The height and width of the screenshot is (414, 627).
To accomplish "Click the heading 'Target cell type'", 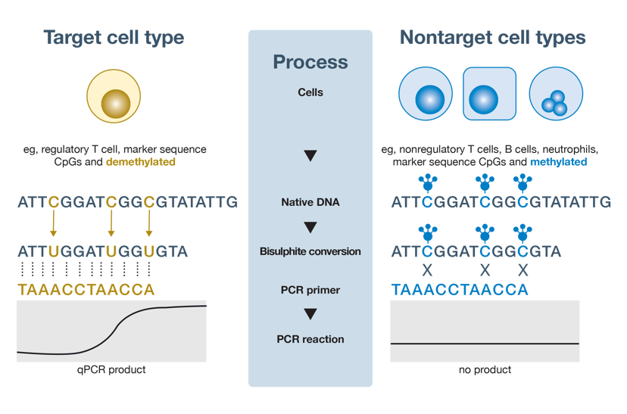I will tap(114, 37).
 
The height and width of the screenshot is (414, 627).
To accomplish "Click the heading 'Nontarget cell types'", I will tap(492, 37).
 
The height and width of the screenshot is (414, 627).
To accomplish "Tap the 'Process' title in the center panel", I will tap(310, 62).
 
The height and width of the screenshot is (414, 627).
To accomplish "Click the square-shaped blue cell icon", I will tap(489, 94).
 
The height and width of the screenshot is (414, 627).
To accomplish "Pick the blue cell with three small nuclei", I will tap(556, 95).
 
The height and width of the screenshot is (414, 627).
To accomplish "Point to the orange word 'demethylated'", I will tap(141, 162).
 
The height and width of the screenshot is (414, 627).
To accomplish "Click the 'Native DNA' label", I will tap(310, 203).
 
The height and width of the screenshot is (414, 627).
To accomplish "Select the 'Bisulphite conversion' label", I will tap(310, 251).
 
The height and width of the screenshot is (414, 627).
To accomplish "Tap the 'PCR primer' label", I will tap(310, 290).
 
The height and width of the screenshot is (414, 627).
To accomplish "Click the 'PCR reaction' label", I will tap(310, 339).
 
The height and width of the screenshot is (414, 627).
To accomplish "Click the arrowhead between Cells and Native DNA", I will tap(310, 157).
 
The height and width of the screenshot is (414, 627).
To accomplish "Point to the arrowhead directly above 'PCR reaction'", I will tap(310, 314).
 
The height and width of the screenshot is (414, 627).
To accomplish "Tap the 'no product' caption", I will tap(485, 370).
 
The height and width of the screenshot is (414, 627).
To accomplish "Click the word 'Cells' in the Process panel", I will tap(310, 92).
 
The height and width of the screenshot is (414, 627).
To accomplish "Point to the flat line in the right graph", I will tap(485, 344).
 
